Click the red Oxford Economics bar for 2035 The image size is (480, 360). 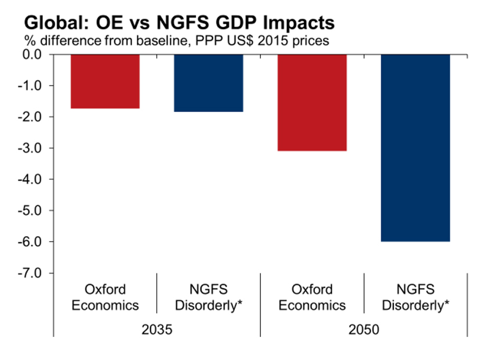[105, 81]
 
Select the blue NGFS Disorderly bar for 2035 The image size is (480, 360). [209, 82]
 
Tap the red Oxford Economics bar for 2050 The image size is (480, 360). [312, 102]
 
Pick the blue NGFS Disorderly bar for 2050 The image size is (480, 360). [415, 147]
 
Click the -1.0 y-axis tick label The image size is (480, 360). [37, 86]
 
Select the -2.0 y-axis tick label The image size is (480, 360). [37, 117]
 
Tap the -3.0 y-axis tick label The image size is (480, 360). [37, 148]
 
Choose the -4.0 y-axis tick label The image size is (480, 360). [37, 179]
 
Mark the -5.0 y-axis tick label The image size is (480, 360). [37, 211]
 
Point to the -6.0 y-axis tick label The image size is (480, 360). [37, 242]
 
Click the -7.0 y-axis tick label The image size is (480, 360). [37, 273]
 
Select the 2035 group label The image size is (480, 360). [157, 330]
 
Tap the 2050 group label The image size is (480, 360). [364, 330]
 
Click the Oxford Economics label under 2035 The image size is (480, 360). [105, 297]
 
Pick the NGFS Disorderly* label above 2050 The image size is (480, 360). [415, 297]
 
